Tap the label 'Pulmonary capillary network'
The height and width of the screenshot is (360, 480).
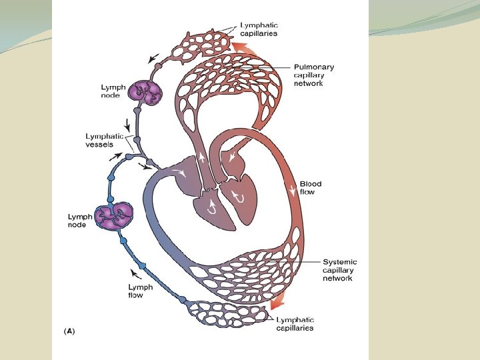(x=314, y=75)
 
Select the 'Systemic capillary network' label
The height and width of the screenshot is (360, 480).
(x=339, y=270)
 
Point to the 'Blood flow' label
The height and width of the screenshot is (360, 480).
(x=310, y=188)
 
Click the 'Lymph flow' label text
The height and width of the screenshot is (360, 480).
(x=140, y=291)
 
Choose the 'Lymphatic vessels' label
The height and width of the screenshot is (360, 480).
(x=100, y=140)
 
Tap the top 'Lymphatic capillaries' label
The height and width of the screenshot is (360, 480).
(x=259, y=29)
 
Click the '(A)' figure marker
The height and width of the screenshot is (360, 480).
(x=69, y=331)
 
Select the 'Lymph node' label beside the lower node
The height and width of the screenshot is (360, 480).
(x=79, y=221)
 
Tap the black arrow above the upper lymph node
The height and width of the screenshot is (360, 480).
(x=155, y=58)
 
